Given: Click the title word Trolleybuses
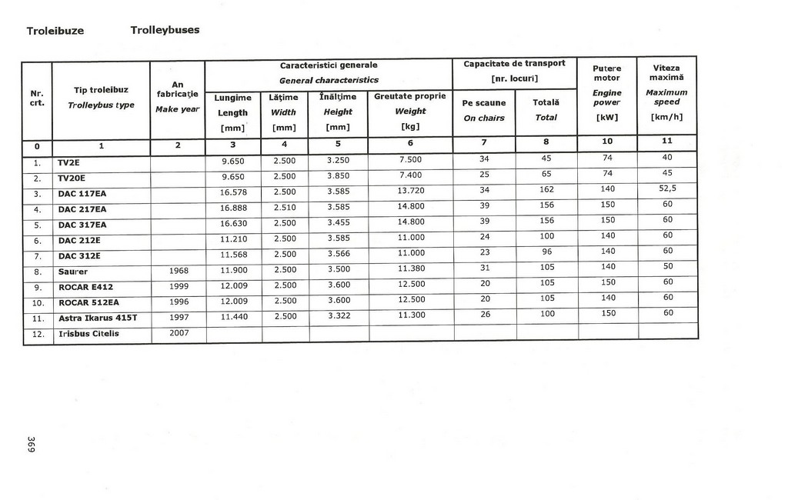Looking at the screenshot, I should click(x=165, y=30).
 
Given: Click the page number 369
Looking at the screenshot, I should click(x=32, y=445).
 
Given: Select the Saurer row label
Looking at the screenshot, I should click(x=73, y=272).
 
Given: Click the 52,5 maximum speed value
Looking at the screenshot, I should click(x=667, y=188).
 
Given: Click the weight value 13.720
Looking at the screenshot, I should click(x=411, y=191).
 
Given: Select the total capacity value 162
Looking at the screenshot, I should click(x=546, y=189).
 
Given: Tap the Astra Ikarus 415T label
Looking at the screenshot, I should click(x=97, y=317).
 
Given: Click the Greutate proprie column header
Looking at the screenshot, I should click(x=410, y=97).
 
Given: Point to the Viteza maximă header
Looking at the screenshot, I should click(x=667, y=72).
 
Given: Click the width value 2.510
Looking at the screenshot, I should click(x=285, y=208).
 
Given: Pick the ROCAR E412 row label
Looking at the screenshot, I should click(x=85, y=287).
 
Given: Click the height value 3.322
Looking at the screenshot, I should click(x=338, y=315).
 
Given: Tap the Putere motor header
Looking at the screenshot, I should click(x=607, y=73).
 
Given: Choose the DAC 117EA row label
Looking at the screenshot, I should click(x=82, y=193).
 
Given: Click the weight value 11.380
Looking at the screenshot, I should click(x=411, y=268).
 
